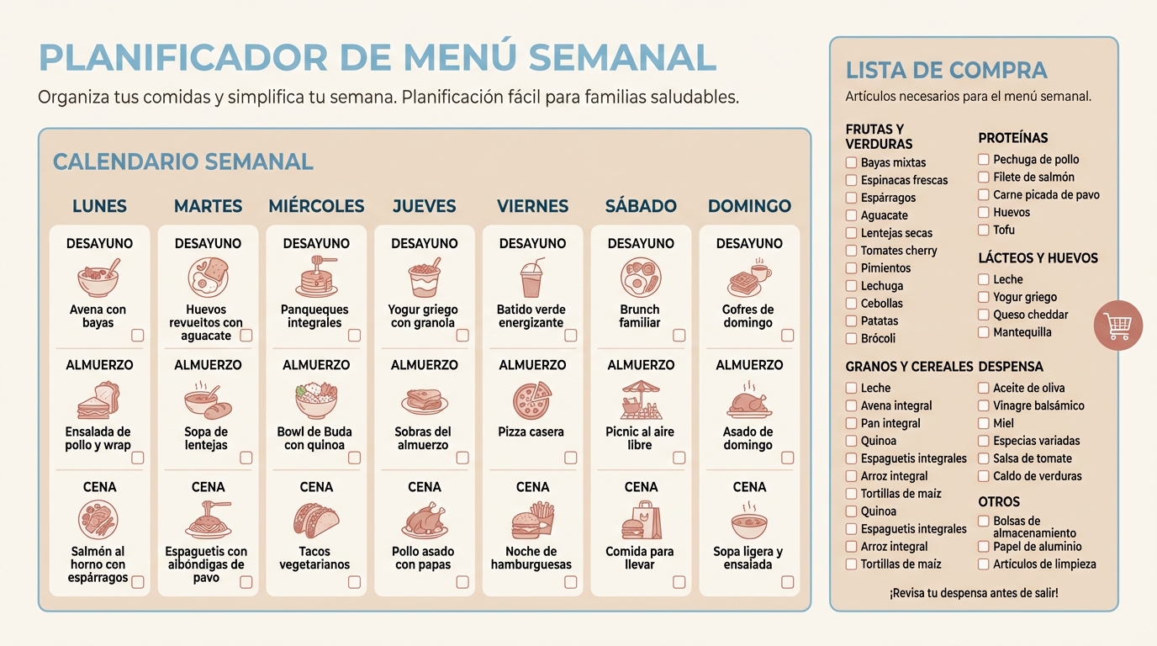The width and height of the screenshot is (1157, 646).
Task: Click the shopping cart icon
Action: point(1117,325)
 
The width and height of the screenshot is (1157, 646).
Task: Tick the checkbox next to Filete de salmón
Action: point(984,177)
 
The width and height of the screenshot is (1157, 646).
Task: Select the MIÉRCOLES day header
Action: point(316,206)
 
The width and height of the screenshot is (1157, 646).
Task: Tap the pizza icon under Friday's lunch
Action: point(532,400)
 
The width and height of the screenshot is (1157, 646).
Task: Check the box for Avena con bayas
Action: point(138,336)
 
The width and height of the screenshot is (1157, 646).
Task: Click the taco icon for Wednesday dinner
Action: point(316,521)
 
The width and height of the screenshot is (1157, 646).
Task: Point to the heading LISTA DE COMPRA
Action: point(946,71)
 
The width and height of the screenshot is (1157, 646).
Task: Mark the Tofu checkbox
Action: point(984,230)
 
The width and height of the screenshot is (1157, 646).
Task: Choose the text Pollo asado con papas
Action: point(423,558)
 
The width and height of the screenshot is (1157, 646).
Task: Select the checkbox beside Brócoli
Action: point(851,338)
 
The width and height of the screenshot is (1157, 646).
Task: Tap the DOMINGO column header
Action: point(749,206)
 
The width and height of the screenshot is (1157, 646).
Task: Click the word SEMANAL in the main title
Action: point(623,57)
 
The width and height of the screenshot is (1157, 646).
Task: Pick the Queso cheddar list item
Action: point(1030,315)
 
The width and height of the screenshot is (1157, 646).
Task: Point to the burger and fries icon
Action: point(532,521)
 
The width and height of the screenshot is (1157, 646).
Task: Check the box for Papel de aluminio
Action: point(984,547)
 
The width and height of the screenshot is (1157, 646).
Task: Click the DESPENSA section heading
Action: point(1011,367)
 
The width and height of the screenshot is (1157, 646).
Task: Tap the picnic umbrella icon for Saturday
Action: point(641,400)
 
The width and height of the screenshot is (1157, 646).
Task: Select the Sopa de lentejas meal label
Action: point(206,438)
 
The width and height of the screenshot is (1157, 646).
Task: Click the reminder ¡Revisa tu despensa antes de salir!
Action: point(974,593)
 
